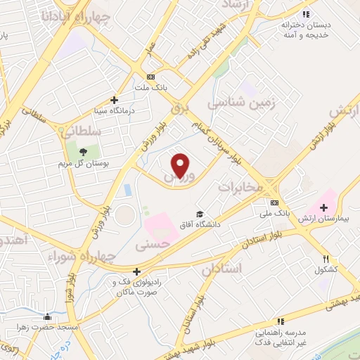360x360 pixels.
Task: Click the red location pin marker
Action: (181, 165)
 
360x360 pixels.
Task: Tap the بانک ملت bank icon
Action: (150, 77)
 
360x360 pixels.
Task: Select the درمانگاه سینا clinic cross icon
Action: (114, 101)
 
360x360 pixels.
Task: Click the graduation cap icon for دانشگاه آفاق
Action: (200, 214)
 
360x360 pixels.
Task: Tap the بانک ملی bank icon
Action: (275, 202)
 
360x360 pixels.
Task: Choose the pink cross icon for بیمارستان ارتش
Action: (324, 207)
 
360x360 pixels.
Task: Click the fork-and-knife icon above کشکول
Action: (326, 259)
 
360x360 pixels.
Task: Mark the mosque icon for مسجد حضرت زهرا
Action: (47, 316)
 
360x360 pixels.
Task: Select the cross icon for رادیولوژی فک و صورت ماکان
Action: (136, 271)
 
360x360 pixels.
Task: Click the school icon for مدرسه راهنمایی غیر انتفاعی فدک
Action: (281, 321)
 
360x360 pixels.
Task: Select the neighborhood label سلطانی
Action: (82, 131)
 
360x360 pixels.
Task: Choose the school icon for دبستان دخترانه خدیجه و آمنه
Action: (305, 13)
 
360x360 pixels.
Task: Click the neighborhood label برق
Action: (179, 110)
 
